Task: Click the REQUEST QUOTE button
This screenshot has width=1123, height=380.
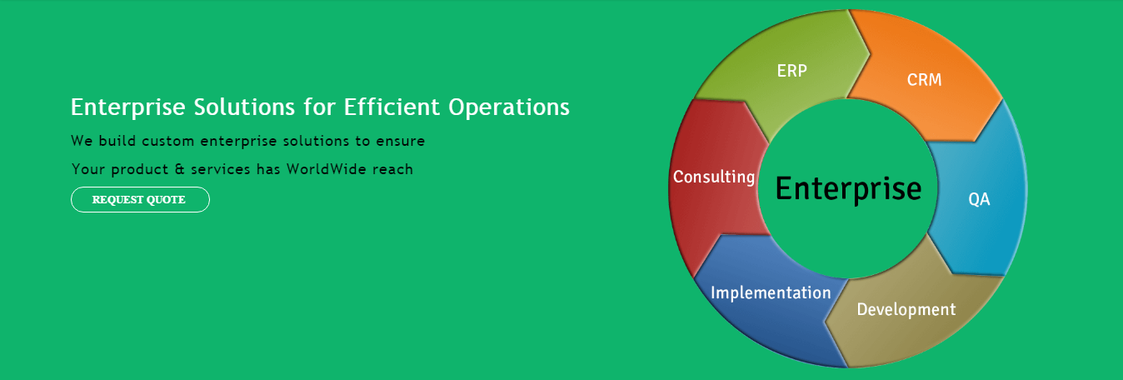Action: coord(140,199)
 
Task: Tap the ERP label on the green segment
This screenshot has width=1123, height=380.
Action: coord(792,71)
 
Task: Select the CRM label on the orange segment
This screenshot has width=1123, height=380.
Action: coord(925,80)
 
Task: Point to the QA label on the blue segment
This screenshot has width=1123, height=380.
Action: coord(979,199)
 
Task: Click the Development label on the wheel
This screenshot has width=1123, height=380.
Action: coord(906,310)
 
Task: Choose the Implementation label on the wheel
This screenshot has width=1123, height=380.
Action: coord(771,292)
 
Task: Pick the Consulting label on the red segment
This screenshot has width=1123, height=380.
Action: coord(714,177)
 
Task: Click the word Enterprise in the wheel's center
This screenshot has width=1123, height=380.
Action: coord(848,189)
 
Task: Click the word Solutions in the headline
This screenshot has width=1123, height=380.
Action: coord(244,107)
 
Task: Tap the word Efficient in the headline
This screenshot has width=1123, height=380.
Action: coord(392,107)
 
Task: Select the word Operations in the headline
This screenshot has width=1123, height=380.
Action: coord(509,107)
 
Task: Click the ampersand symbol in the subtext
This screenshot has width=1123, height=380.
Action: coord(180,169)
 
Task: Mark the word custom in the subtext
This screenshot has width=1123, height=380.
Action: coord(168,142)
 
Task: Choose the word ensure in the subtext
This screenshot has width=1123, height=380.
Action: coord(401,142)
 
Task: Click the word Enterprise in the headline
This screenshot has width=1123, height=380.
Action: coord(127,107)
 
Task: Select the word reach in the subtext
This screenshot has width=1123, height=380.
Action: coord(392,169)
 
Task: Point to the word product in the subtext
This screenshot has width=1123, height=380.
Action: coord(139,170)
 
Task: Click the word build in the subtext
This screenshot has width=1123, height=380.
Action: coord(117,141)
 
